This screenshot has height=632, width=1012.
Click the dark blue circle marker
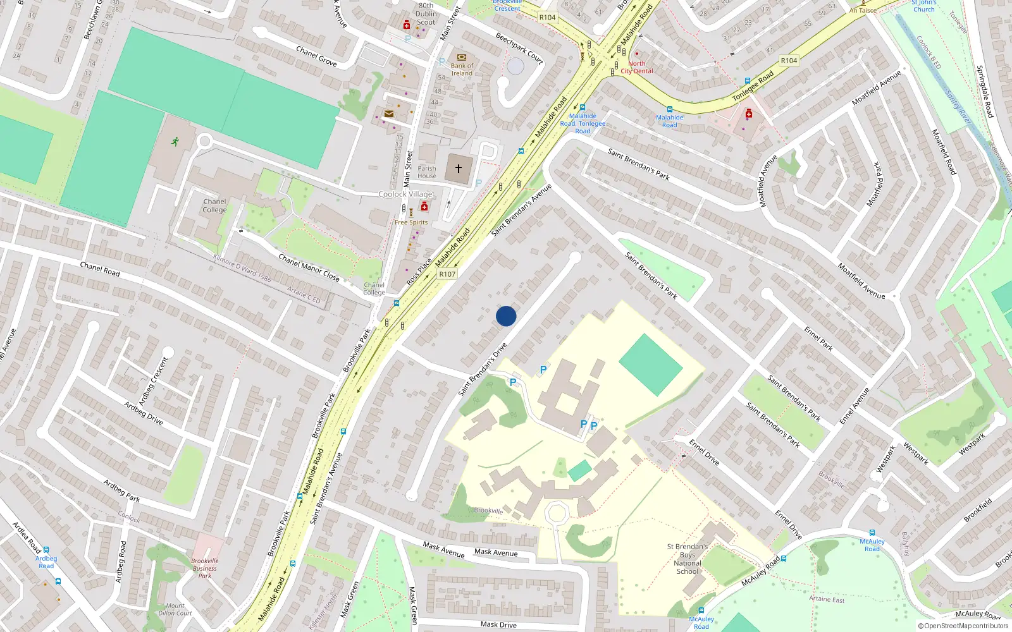tap(506, 316)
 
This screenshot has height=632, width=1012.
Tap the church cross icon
tap(459, 169)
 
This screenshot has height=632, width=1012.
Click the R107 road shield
tap(447, 274)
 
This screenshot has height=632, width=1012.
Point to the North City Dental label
tap(636, 68)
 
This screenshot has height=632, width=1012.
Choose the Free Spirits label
tap(411, 222)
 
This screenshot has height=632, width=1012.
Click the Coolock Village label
tap(405, 195)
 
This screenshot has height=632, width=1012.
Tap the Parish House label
tap(427, 172)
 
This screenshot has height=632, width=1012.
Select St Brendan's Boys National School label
tap(687, 559)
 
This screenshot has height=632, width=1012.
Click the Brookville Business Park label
tap(205, 568)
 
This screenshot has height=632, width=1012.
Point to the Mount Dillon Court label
tap(175, 609)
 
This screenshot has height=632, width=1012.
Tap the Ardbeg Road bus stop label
tap(46, 562)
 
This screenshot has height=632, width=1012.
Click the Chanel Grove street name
tap(316, 56)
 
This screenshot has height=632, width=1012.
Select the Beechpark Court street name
tap(519, 48)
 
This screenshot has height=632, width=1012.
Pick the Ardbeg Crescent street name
tap(154, 381)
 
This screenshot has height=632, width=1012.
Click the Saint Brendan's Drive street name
tap(483, 370)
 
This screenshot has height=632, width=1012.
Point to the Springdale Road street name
tap(984, 92)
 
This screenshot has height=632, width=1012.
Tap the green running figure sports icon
tap(174, 141)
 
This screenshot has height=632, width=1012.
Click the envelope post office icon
tap(389, 114)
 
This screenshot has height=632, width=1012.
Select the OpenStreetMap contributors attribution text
tap(963, 626)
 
